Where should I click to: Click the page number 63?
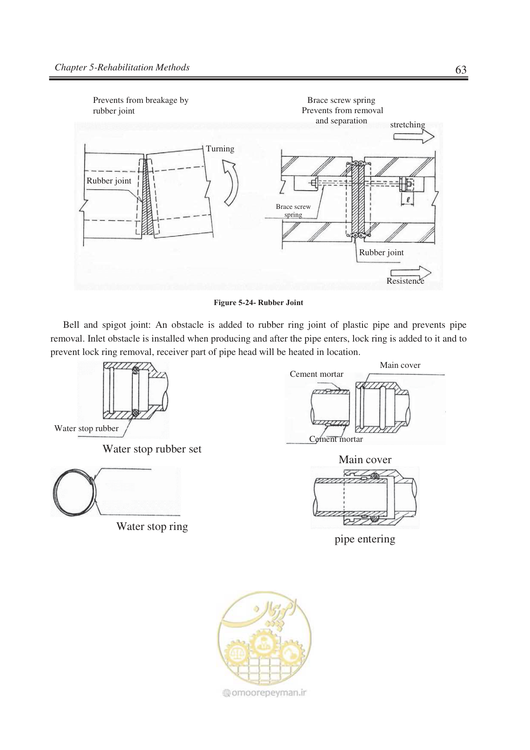461,69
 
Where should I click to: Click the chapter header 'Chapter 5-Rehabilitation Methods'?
122,68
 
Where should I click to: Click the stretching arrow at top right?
414,137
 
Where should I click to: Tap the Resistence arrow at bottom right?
411,273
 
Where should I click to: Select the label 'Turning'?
220,149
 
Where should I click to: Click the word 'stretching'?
408,125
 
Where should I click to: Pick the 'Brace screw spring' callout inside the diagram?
294,211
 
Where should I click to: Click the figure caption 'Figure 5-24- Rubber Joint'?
258,303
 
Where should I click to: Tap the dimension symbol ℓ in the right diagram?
408,200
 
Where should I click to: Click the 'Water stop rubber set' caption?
152,449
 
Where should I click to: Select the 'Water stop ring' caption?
152,527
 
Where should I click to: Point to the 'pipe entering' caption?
365,539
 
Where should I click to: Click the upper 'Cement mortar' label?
316,374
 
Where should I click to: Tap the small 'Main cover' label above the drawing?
400,365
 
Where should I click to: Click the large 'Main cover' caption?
365,460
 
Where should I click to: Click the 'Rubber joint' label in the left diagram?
109,181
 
